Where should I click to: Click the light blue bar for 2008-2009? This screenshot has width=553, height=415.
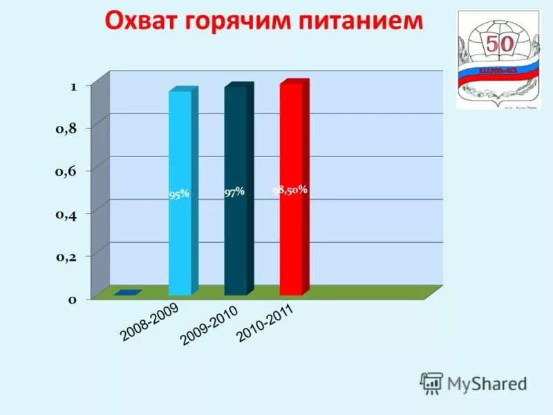point(180,194)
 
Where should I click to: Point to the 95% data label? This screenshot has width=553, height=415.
point(179,195)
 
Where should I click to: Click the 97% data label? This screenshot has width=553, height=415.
point(234,192)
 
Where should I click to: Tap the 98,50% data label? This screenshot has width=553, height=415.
point(290,189)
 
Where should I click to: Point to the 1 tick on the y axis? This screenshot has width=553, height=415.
point(73,86)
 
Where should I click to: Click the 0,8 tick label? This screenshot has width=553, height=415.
point(67,127)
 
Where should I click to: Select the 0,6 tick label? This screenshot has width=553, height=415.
point(67,170)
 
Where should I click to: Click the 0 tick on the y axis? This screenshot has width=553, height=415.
point(71,299)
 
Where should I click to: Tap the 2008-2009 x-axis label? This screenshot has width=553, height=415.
point(149,322)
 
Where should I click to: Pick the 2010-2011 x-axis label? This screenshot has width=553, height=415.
point(265,324)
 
